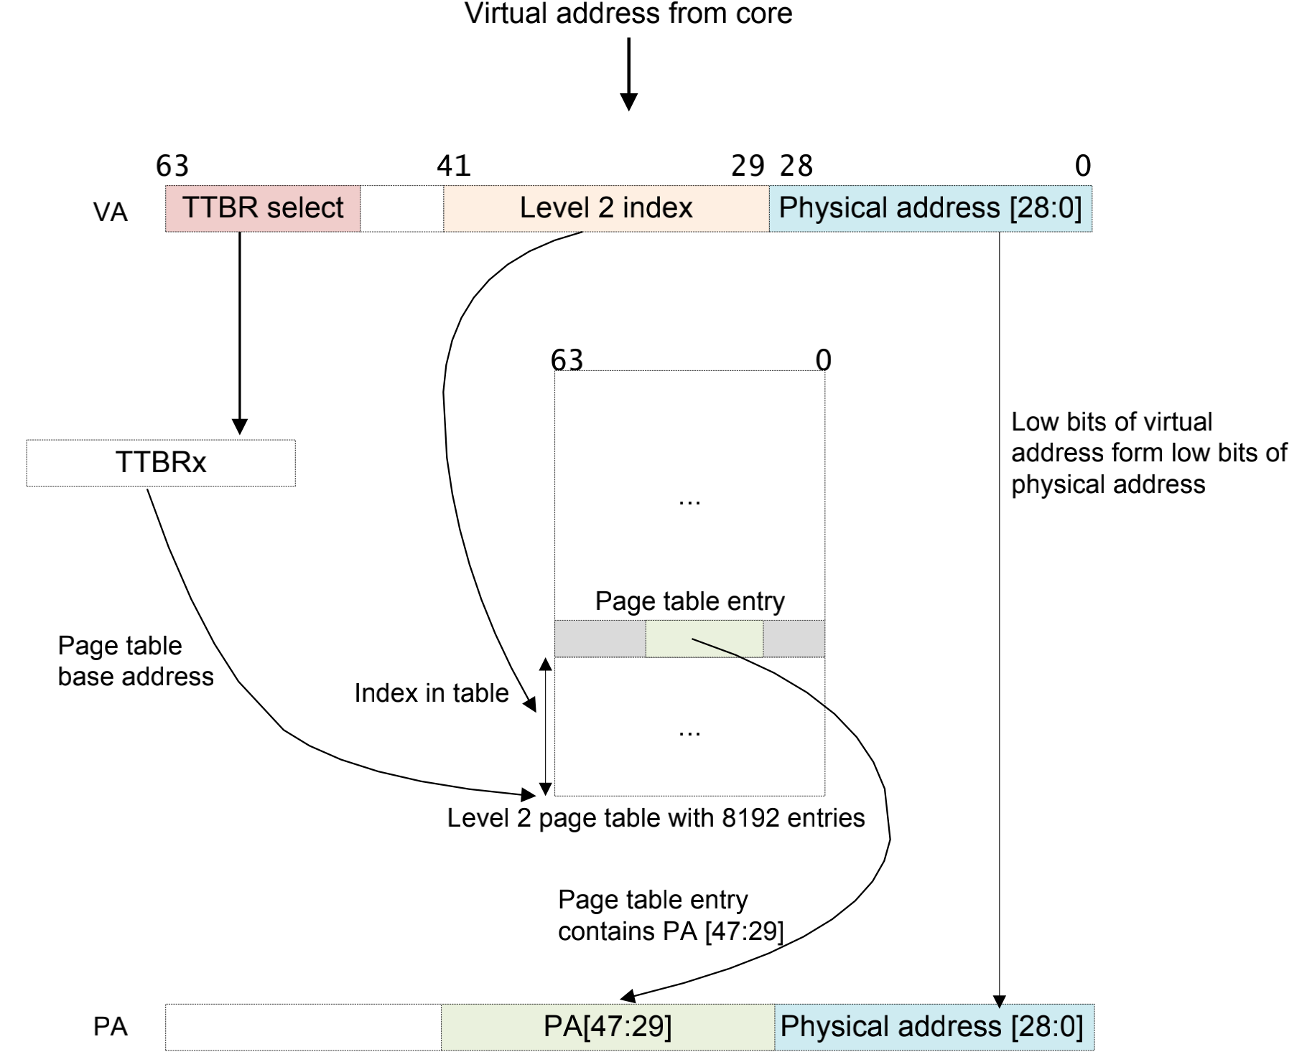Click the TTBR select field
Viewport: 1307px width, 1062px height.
(x=263, y=208)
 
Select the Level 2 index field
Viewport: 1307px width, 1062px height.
(x=606, y=208)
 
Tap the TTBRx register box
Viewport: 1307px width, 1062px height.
(x=161, y=463)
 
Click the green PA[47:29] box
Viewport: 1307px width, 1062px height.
(x=608, y=1026)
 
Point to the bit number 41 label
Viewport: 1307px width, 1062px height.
(x=454, y=166)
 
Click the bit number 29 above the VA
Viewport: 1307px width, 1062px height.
(x=748, y=166)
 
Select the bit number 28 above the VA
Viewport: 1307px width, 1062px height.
(x=796, y=166)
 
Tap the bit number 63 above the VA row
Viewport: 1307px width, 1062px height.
(x=172, y=166)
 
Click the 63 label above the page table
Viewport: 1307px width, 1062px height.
(x=567, y=360)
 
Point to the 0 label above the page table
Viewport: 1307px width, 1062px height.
(x=823, y=360)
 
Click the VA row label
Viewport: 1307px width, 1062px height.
(x=111, y=212)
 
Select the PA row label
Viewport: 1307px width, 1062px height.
(x=111, y=1027)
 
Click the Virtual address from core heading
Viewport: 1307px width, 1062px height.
(x=628, y=14)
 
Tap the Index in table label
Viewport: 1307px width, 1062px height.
(x=432, y=693)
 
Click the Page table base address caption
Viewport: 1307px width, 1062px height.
(x=135, y=661)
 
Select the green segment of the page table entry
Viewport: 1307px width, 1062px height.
(x=704, y=639)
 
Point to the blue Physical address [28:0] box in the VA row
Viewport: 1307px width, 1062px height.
(x=931, y=208)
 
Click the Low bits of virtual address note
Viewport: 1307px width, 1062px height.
(x=1148, y=453)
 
